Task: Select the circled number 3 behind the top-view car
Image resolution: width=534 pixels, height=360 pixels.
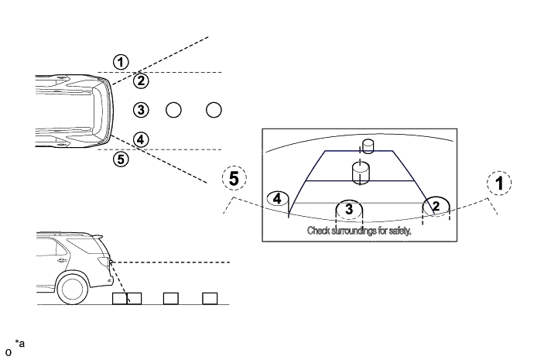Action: pos(140,109)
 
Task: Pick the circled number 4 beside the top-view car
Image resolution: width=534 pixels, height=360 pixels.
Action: pos(140,139)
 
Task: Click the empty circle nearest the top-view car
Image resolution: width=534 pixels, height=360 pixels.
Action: pos(173,109)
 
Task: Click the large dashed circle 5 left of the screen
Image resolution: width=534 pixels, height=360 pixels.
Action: pos(234,179)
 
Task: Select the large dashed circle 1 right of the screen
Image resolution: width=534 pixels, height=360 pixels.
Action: pos(499,183)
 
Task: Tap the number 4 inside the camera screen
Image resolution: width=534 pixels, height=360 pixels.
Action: pos(276,199)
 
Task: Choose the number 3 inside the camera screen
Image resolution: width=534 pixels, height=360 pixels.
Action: pos(349,209)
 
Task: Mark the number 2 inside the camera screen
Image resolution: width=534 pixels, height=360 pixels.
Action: pos(436,205)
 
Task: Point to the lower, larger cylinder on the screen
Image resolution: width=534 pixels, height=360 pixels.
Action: pos(360,172)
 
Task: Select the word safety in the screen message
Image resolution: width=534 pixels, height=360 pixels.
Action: pos(401,231)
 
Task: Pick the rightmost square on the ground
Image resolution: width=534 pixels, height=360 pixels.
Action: pos(210,298)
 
